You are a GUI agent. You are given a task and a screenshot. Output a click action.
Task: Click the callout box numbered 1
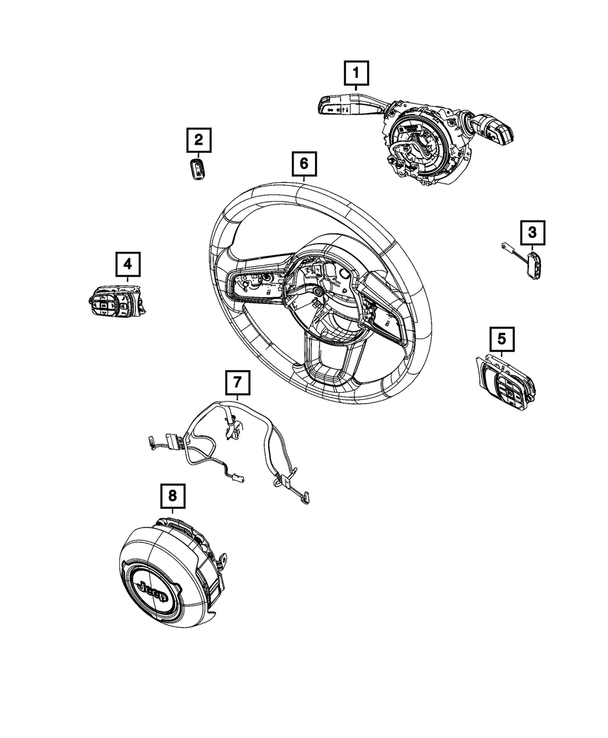click(356, 73)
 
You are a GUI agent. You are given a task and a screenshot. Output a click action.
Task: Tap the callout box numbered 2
click(199, 140)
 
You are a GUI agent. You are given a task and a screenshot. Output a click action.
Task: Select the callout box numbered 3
click(533, 233)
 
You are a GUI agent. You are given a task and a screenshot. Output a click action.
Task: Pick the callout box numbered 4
click(128, 264)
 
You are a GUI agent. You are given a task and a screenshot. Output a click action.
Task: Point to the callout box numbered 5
click(502, 339)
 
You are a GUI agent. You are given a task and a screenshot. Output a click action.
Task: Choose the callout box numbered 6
click(304, 164)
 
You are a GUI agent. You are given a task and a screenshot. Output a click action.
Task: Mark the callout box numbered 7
click(238, 382)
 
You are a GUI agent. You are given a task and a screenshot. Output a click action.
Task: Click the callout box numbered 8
click(173, 496)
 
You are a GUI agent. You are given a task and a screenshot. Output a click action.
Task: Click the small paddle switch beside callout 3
click(534, 264)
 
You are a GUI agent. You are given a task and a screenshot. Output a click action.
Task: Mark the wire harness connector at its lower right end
click(305, 498)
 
